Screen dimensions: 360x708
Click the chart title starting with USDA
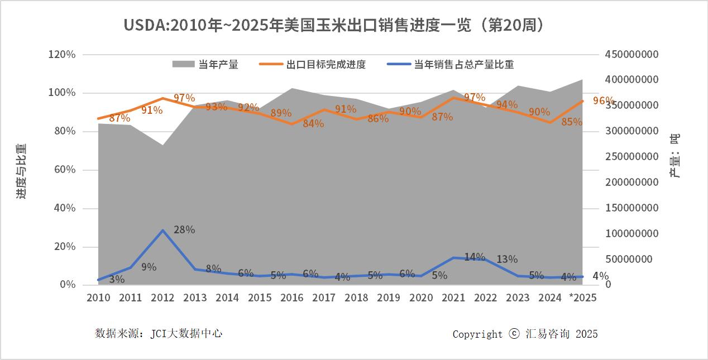point(334,25)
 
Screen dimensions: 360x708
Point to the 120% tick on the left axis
point(62,55)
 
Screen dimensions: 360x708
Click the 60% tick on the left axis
point(64,170)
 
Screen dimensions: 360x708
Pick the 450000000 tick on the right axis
point(632,55)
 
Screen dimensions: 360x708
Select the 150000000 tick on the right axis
point(632,208)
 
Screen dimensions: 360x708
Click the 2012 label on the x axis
point(162,297)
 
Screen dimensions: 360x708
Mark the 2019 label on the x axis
point(389,297)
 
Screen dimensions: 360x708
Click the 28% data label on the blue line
point(184,229)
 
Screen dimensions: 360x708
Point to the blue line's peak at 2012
point(162,231)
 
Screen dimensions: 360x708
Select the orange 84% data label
point(313,123)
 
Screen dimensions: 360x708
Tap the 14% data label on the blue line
point(475,257)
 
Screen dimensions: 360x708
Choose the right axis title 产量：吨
point(676,156)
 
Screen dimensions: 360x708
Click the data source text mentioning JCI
point(159,333)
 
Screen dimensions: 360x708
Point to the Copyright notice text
point(525,334)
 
